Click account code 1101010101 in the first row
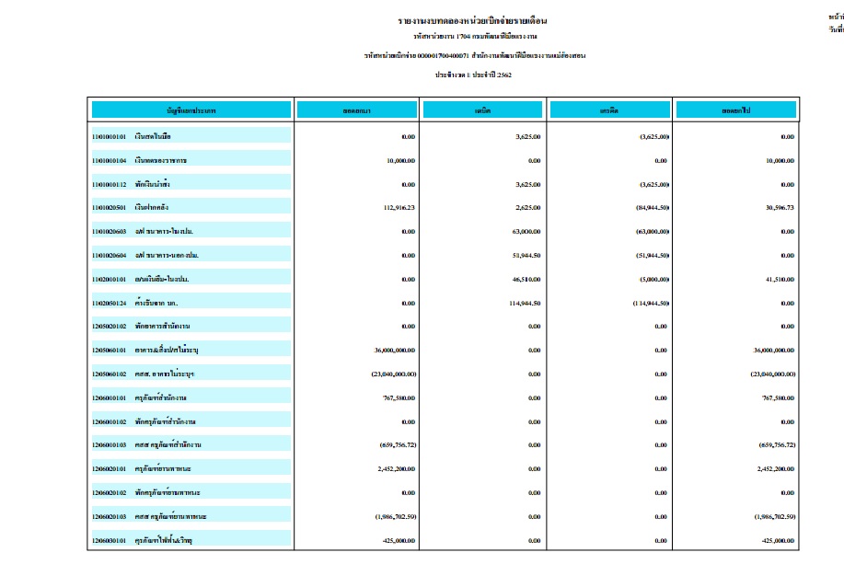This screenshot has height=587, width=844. tap(110, 136)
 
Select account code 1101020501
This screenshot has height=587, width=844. tap(110, 208)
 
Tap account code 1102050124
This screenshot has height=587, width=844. tap(110, 303)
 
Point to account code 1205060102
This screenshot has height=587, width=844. tap(110, 374)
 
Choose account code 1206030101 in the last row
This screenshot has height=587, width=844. tap(110, 540)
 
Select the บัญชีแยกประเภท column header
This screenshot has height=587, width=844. tap(191, 110)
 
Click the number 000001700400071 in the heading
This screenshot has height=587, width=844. tap(438, 55)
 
